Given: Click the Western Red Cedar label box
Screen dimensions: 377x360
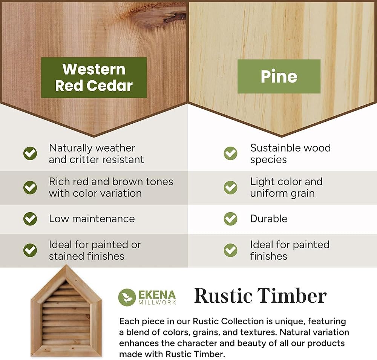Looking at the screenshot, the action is [x=94, y=77].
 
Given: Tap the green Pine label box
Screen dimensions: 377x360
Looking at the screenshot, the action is [x=279, y=76].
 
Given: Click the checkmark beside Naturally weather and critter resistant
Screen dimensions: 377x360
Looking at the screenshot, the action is [x=30, y=153].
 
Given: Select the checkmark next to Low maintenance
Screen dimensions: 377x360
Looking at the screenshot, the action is [x=30, y=219].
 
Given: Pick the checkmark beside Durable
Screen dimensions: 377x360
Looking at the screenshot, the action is [x=231, y=219].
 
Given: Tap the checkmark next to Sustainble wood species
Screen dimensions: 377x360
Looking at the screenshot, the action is [x=231, y=153].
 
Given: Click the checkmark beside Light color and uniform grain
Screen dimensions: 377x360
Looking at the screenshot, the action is [x=231, y=187].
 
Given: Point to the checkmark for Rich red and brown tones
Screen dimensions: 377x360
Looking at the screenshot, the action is [x=30, y=187].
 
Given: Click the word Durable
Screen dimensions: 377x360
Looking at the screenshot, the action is [x=269, y=219].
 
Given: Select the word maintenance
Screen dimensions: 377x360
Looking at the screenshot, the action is [x=103, y=219].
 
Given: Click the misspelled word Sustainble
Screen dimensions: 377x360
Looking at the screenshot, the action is [x=272, y=148].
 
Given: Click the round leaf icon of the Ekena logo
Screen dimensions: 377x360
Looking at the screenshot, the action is [x=127, y=297].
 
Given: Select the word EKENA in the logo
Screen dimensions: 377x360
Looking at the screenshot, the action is [x=157, y=295].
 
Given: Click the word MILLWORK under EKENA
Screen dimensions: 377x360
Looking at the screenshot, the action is [x=157, y=302].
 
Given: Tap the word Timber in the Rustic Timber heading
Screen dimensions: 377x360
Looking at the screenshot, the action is [x=292, y=296].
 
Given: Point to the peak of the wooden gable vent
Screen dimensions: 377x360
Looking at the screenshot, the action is [x=66, y=265].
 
